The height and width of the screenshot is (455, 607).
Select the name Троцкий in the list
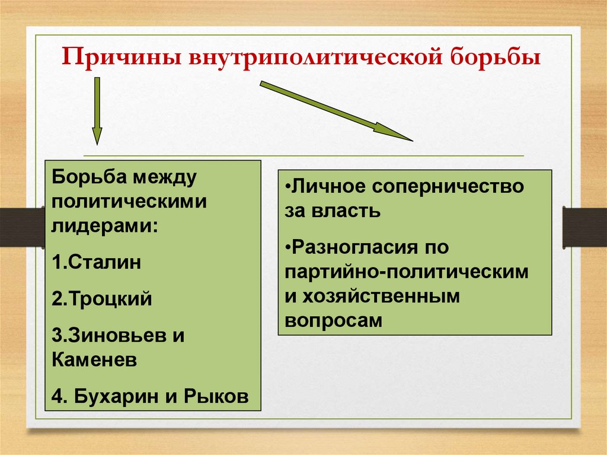coord(107,299)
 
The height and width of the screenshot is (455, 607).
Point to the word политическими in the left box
coord(129,201)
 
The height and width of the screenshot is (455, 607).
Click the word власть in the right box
coord(346,211)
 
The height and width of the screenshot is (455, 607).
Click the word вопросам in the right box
coord(334,320)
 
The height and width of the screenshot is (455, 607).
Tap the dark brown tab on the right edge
coord(584,227)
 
